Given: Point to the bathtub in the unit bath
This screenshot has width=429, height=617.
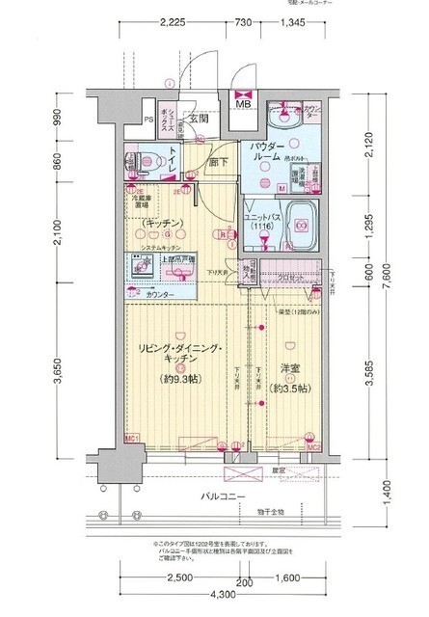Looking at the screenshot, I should click(x=300, y=228).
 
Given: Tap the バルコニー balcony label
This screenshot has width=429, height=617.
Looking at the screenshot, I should click(x=221, y=496).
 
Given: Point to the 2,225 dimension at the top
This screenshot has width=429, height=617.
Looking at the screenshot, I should click(x=174, y=20).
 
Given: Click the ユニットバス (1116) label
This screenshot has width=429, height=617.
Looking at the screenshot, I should click(x=264, y=218).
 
